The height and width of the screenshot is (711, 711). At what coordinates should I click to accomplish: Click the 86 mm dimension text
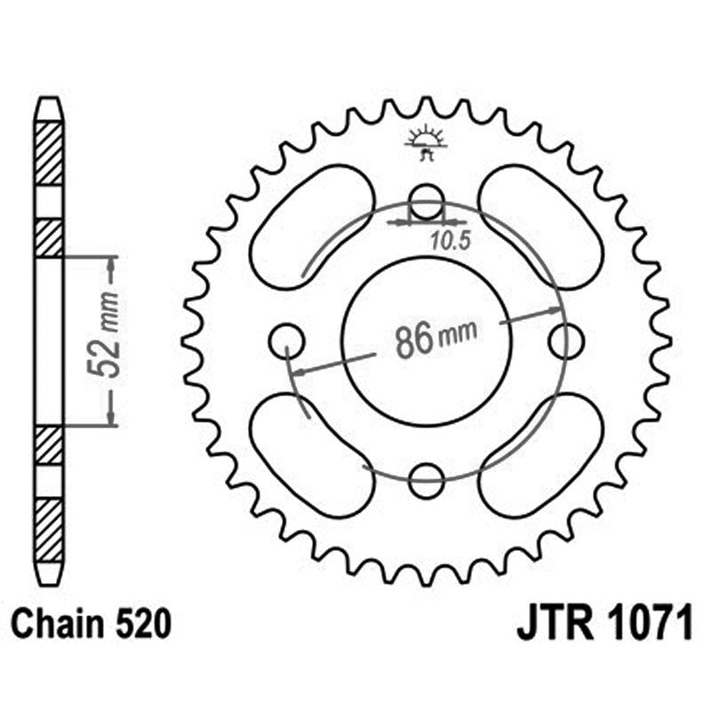(435, 339)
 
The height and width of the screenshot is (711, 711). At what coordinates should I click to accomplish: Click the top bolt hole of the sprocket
(427, 201)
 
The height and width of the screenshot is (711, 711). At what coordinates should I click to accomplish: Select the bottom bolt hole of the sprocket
(427, 479)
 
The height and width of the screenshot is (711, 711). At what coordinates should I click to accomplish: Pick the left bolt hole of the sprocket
(286, 340)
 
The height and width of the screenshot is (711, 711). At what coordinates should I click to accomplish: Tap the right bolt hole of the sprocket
(566, 340)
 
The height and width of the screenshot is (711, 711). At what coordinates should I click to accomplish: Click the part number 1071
(648, 625)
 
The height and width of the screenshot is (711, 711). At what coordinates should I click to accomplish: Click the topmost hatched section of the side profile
(49, 153)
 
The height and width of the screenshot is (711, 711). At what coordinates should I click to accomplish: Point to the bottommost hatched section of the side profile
(49, 530)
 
